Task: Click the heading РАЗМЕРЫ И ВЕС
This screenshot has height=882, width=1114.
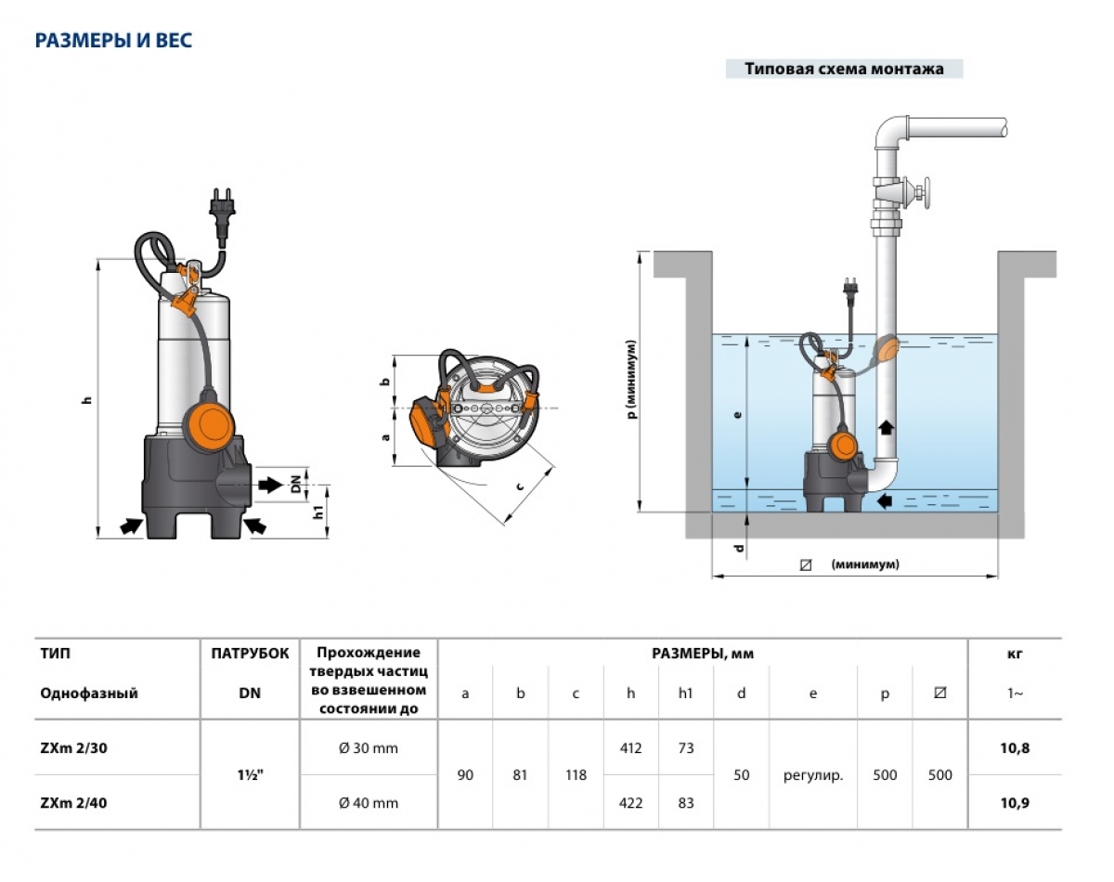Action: pos(113,41)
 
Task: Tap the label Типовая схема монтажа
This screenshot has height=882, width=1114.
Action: pos(843,69)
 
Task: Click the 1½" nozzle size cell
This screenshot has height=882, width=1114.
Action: pos(250,774)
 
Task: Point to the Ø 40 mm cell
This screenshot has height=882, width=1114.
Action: pos(369,803)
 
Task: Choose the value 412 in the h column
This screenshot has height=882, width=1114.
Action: pos(630,748)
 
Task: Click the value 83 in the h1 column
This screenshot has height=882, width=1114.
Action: pos(685,803)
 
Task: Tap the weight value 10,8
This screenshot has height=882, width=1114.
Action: pos(1016,748)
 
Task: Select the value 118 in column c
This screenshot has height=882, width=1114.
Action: pos(576,774)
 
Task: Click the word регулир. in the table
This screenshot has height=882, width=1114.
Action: pos(812,774)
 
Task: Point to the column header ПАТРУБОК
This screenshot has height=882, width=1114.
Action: pos(250,653)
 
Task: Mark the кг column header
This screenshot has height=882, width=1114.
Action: pos(1016,654)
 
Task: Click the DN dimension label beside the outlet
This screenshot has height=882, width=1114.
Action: pos(296,485)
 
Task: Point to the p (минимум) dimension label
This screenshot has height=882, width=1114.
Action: pos(631,379)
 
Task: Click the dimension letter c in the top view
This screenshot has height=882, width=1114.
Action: pos(520,486)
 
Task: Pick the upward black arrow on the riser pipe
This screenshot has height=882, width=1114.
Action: pos(886,428)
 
